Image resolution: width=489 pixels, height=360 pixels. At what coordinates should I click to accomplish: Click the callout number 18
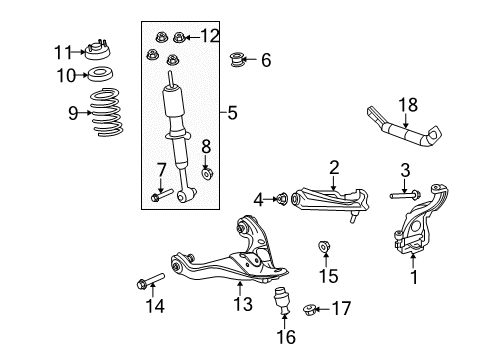tap(408, 105)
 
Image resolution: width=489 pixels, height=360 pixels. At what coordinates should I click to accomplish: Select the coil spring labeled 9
tap(107, 112)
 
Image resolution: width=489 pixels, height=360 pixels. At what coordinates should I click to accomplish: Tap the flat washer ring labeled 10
tap(100, 75)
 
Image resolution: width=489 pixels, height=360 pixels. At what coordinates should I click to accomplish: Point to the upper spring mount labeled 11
tap(97, 51)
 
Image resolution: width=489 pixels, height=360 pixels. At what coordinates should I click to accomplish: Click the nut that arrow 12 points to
tap(179, 37)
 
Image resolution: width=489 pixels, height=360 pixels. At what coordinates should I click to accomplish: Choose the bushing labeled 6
tap(236, 59)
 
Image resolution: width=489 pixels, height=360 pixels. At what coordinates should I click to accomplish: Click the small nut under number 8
tap(207, 174)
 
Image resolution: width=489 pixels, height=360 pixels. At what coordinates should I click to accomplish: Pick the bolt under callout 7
tap(162, 195)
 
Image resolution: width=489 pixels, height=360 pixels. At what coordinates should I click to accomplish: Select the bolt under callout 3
tap(405, 195)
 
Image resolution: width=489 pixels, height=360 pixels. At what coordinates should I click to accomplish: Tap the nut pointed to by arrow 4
tap(282, 199)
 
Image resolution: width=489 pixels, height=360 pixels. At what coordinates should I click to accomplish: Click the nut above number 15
tap(323, 247)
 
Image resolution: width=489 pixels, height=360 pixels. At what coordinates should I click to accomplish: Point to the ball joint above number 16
tap(283, 300)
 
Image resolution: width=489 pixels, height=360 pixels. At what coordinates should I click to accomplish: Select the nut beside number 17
tap(309, 310)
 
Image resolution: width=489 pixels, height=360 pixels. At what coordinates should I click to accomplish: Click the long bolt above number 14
tap(151, 280)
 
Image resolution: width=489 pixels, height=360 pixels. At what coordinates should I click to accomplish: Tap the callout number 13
tap(243, 304)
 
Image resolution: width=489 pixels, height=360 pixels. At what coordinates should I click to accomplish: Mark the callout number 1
tap(414, 277)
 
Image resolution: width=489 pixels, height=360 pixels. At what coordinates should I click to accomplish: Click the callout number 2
tap(334, 168)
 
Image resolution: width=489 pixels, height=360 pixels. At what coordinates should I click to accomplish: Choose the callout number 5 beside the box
tap(232, 113)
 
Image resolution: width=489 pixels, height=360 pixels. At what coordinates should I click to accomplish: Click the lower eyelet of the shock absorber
tap(183, 197)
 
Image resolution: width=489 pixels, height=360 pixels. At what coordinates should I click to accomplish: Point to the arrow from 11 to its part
tap(79, 52)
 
